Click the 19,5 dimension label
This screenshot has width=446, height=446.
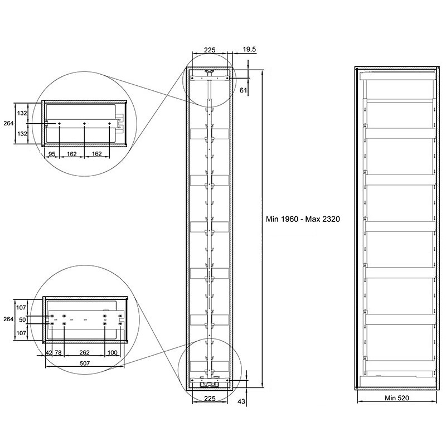point(249,49)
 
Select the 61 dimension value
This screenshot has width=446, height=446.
point(243,90)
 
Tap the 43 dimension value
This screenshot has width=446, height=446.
point(241,401)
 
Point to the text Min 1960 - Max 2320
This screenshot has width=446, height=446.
point(303,219)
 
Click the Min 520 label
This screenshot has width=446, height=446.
point(397,398)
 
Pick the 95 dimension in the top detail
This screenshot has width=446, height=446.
point(52,154)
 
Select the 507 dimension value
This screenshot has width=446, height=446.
point(85,363)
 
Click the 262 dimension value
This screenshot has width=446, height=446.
point(85,352)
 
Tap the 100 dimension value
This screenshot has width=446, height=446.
point(113,352)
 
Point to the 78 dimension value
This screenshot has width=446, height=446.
point(58,352)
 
